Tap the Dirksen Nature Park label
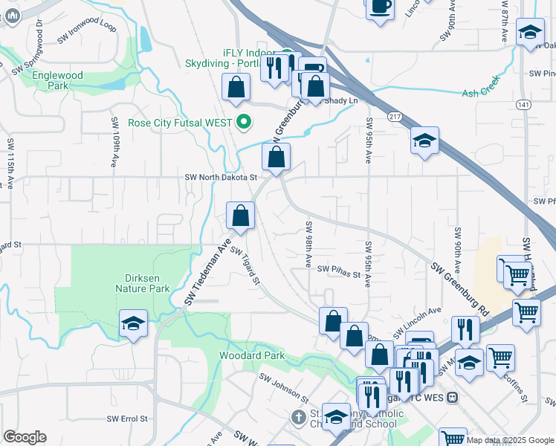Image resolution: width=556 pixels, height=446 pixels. tap(142, 283)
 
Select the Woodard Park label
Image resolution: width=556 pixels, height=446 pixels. tap(252, 356)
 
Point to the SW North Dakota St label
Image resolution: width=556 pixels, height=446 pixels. tap(221, 178)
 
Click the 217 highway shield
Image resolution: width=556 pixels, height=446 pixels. tap(395, 116)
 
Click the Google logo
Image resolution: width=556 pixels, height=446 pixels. tap(25, 437)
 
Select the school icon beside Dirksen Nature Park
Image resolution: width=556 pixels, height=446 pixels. tap(134, 323)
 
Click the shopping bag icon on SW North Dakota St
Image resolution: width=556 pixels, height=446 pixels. tap(276, 158)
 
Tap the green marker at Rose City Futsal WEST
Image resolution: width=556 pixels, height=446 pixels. tap(242, 122)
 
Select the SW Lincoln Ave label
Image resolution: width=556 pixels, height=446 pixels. tap(423, 317)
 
